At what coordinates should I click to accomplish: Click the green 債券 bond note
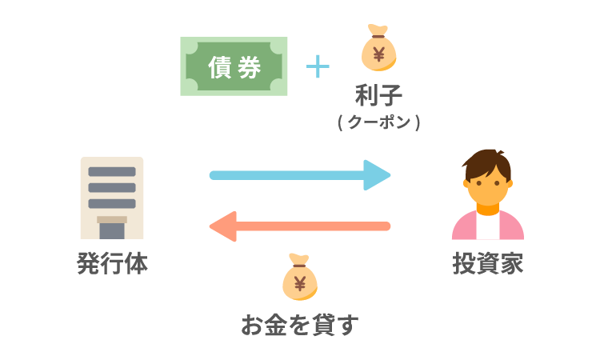[x=234, y=67]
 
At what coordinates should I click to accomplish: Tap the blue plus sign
[x=318, y=66]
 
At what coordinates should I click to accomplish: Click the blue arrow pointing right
[x=296, y=174]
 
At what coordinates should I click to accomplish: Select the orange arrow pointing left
[x=304, y=226]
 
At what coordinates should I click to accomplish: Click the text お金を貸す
[x=300, y=325]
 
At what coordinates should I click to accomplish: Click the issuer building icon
[x=112, y=198]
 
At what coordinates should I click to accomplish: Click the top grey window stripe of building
[x=112, y=171]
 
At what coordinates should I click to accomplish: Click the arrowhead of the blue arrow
[x=378, y=174]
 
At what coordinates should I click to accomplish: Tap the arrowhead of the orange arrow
[x=223, y=226]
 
